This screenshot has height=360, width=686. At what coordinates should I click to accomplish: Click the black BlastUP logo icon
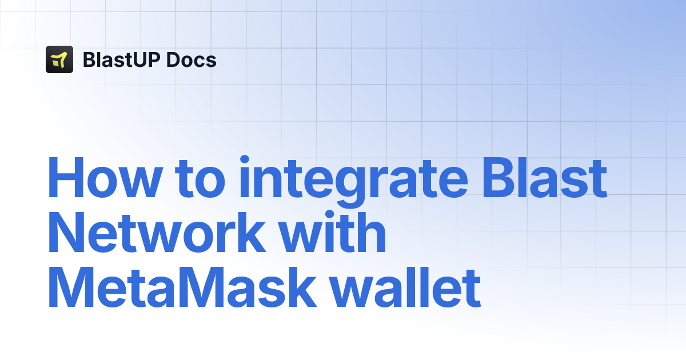(59, 59)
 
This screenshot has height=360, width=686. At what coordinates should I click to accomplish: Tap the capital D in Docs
(174, 59)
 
